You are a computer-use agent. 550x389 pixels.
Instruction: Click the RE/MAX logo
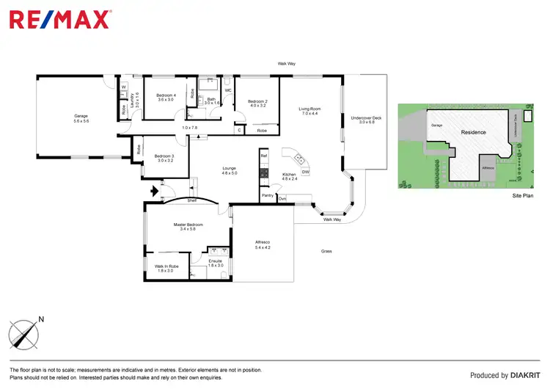click(x=60, y=18)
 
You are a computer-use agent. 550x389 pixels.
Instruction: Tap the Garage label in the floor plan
click(x=80, y=116)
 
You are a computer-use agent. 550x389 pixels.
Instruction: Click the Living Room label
click(x=309, y=109)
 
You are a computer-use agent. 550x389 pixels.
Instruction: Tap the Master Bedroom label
click(x=188, y=225)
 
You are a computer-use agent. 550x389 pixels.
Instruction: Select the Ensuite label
click(x=215, y=261)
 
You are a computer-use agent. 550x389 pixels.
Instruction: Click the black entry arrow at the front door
click(x=153, y=193)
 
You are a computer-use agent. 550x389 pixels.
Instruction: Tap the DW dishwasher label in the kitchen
click(x=305, y=172)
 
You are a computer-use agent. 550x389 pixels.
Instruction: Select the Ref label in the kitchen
click(x=264, y=156)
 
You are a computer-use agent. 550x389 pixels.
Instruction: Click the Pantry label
click(x=267, y=197)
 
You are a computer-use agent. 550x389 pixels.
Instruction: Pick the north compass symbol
click(x=26, y=334)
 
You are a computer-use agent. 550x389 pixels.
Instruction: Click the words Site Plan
click(x=521, y=197)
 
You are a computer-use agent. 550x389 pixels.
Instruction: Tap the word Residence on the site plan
click(x=473, y=132)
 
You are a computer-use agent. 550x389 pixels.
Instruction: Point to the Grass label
click(x=326, y=251)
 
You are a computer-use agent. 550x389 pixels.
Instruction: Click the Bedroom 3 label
click(x=164, y=156)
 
